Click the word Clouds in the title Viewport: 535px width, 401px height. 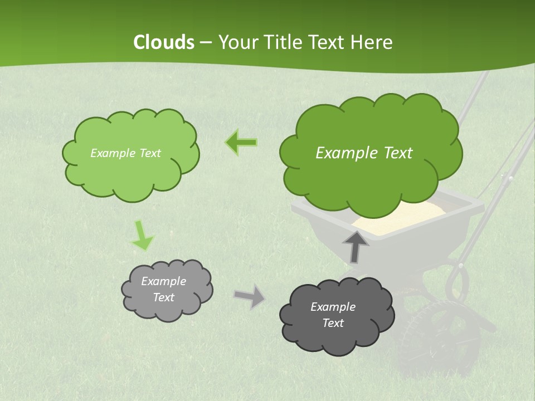coord(163,42)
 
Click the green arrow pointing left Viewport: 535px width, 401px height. coord(241,143)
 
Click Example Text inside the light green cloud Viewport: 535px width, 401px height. coord(125,153)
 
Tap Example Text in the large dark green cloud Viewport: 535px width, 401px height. coord(364,153)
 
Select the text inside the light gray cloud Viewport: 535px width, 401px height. coord(163,289)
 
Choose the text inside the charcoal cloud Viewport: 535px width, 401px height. coord(333,315)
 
